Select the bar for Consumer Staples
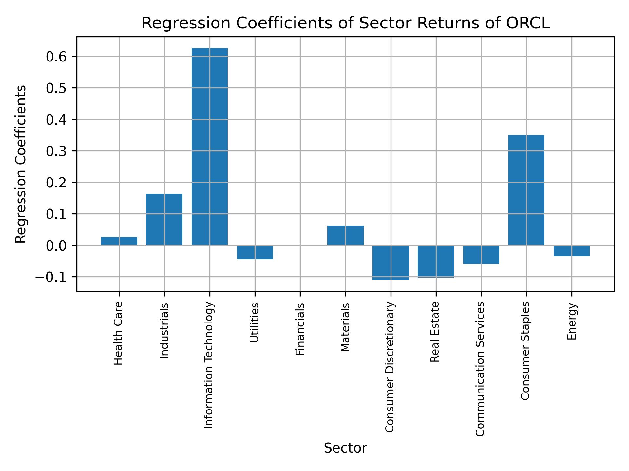point(526,190)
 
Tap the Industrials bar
point(164,219)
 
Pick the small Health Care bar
point(119,241)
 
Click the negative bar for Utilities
point(255,252)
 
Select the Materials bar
point(345,235)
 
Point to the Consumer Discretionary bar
point(391,263)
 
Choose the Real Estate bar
point(436,261)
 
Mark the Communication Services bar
point(481,254)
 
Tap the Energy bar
point(571,251)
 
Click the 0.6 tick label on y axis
point(56,57)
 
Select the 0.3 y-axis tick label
point(56,151)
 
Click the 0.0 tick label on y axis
point(56,246)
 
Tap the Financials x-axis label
point(300,329)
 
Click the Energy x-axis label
point(572,321)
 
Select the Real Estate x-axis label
point(435,332)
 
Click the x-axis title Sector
point(345,448)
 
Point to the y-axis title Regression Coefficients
point(21,164)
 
